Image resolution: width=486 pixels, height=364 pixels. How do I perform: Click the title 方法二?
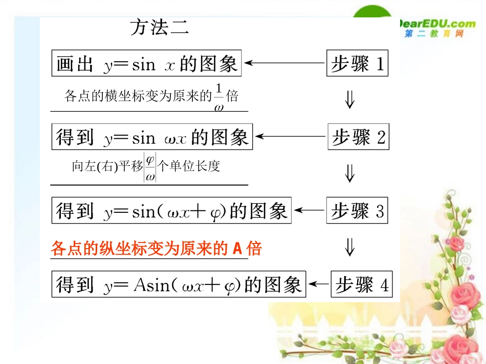click(159, 27)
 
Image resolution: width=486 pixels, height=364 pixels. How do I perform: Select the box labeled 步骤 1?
click(357, 63)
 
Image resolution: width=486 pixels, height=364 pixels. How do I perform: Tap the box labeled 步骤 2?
click(358, 137)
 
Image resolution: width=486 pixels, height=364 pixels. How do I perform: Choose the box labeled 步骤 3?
click(357, 210)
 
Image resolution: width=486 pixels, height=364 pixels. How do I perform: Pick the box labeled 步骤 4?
click(362, 284)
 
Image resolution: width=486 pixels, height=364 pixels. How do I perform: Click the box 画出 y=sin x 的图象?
click(146, 63)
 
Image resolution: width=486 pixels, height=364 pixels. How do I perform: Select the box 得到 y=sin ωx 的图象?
click(152, 137)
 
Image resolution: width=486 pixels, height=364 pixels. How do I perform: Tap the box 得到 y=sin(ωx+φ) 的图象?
click(171, 210)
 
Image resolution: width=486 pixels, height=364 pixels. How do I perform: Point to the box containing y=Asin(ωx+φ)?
click(179, 284)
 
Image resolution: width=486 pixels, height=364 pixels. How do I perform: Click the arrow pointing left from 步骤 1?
click(284, 63)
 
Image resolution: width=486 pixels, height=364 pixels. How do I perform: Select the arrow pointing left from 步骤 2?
click(291, 137)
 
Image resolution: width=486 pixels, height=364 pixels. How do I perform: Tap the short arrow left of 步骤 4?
click(320, 284)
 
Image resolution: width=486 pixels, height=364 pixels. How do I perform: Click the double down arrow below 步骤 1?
click(350, 100)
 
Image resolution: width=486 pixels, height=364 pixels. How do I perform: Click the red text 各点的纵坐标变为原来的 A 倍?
click(156, 248)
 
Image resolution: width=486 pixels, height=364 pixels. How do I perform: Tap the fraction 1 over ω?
click(219, 97)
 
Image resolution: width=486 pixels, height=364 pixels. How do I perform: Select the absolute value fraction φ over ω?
click(150, 168)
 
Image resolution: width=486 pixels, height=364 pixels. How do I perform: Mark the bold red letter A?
click(237, 249)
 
